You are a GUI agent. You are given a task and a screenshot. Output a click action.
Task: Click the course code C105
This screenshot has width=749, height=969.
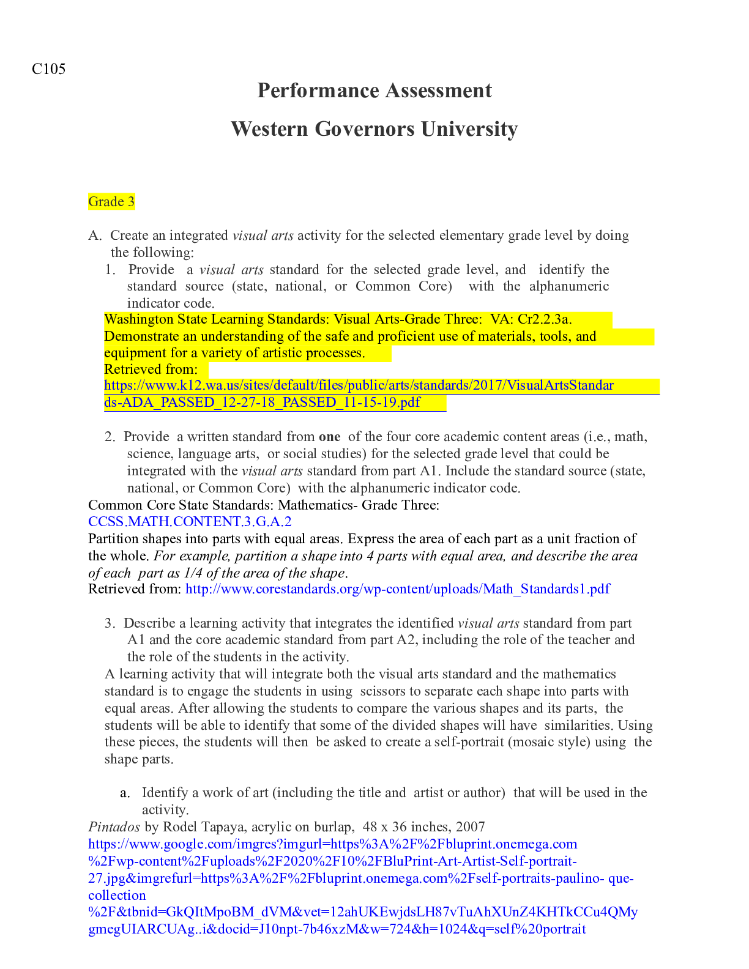[48, 69]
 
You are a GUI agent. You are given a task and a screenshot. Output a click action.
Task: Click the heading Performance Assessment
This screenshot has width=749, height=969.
[374, 91]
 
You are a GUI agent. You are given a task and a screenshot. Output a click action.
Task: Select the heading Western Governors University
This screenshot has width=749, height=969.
[374, 129]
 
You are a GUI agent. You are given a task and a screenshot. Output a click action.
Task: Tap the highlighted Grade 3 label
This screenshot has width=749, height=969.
[111, 202]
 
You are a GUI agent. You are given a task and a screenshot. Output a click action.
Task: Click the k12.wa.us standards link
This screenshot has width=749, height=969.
[359, 385]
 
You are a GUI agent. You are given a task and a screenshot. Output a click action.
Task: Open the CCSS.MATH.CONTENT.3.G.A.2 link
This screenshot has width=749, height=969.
[190, 522]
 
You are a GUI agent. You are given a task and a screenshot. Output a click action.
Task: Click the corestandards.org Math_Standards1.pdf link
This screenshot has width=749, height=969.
[398, 589]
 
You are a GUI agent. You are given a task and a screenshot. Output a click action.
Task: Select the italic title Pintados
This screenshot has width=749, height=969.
[114, 827]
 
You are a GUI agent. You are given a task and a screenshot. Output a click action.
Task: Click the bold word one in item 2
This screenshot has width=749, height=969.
[330, 437]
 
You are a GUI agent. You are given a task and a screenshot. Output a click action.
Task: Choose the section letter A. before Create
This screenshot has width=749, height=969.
[94, 236]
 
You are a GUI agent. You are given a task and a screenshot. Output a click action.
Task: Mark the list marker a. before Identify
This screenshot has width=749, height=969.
[125, 793]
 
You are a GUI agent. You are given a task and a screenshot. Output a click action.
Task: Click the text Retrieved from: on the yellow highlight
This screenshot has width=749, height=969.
[151, 369]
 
